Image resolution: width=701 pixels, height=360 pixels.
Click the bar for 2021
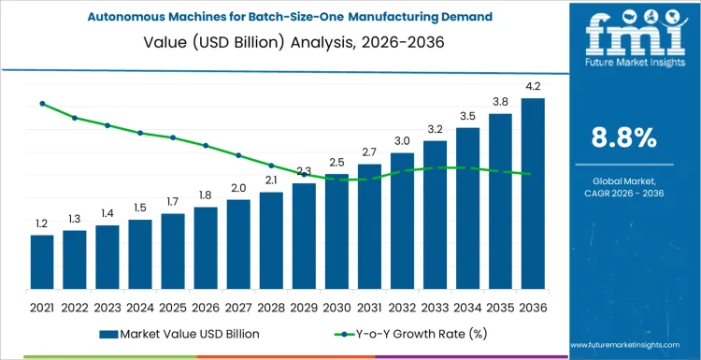coord(42,262)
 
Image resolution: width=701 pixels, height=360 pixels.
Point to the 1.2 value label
coord(42,223)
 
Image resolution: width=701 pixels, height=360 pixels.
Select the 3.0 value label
coord(402,140)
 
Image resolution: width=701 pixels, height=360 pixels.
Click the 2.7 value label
coord(369,151)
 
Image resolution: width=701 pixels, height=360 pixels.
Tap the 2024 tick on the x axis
coord(140,307)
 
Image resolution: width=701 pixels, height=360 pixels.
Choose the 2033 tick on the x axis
coord(435,307)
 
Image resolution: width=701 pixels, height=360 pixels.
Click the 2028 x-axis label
coord(271,307)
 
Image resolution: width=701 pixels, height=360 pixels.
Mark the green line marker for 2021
coord(42,103)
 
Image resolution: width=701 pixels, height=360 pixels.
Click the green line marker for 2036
coord(533,174)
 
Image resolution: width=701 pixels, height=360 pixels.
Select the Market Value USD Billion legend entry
coord(178,333)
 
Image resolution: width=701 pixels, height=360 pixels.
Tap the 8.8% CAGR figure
coord(623,138)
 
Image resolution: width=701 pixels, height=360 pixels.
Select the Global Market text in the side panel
coord(623,180)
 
